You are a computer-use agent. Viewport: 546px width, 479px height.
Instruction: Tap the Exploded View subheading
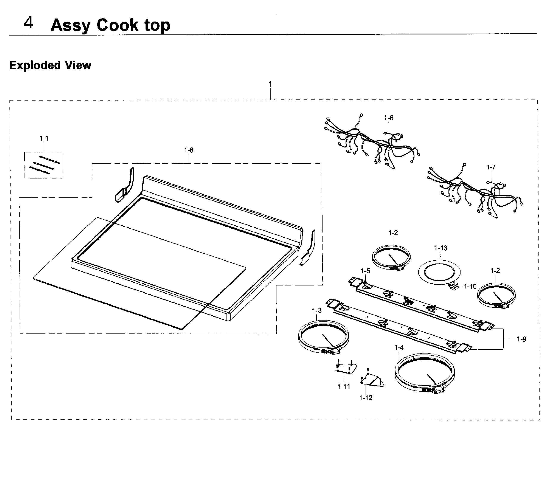(x=50, y=65)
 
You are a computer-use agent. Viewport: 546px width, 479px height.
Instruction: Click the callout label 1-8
(x=189, y=150)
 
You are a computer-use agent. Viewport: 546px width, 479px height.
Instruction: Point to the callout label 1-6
(x=389, y=118)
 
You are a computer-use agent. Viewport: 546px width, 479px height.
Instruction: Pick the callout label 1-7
(x=491, y=167)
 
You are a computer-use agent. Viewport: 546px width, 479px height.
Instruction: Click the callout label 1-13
(x=441, y=248)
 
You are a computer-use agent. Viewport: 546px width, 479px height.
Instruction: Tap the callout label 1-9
(x=521, y=339)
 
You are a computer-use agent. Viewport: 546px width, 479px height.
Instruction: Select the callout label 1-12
(x=366, y=398)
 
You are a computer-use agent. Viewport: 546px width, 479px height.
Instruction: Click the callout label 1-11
(x=344, y=386)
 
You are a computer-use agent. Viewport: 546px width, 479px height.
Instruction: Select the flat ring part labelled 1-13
(x=439, y=272)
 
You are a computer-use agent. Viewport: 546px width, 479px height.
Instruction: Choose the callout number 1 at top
(x=270, y=84)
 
